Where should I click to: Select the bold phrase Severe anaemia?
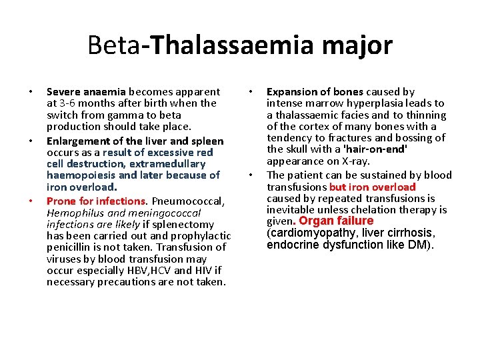[x=86, y=91]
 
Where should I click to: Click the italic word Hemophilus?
[x=74, y=213]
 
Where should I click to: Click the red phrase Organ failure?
[x=337, y=221]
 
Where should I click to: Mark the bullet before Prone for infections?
[x=31, y=201]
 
